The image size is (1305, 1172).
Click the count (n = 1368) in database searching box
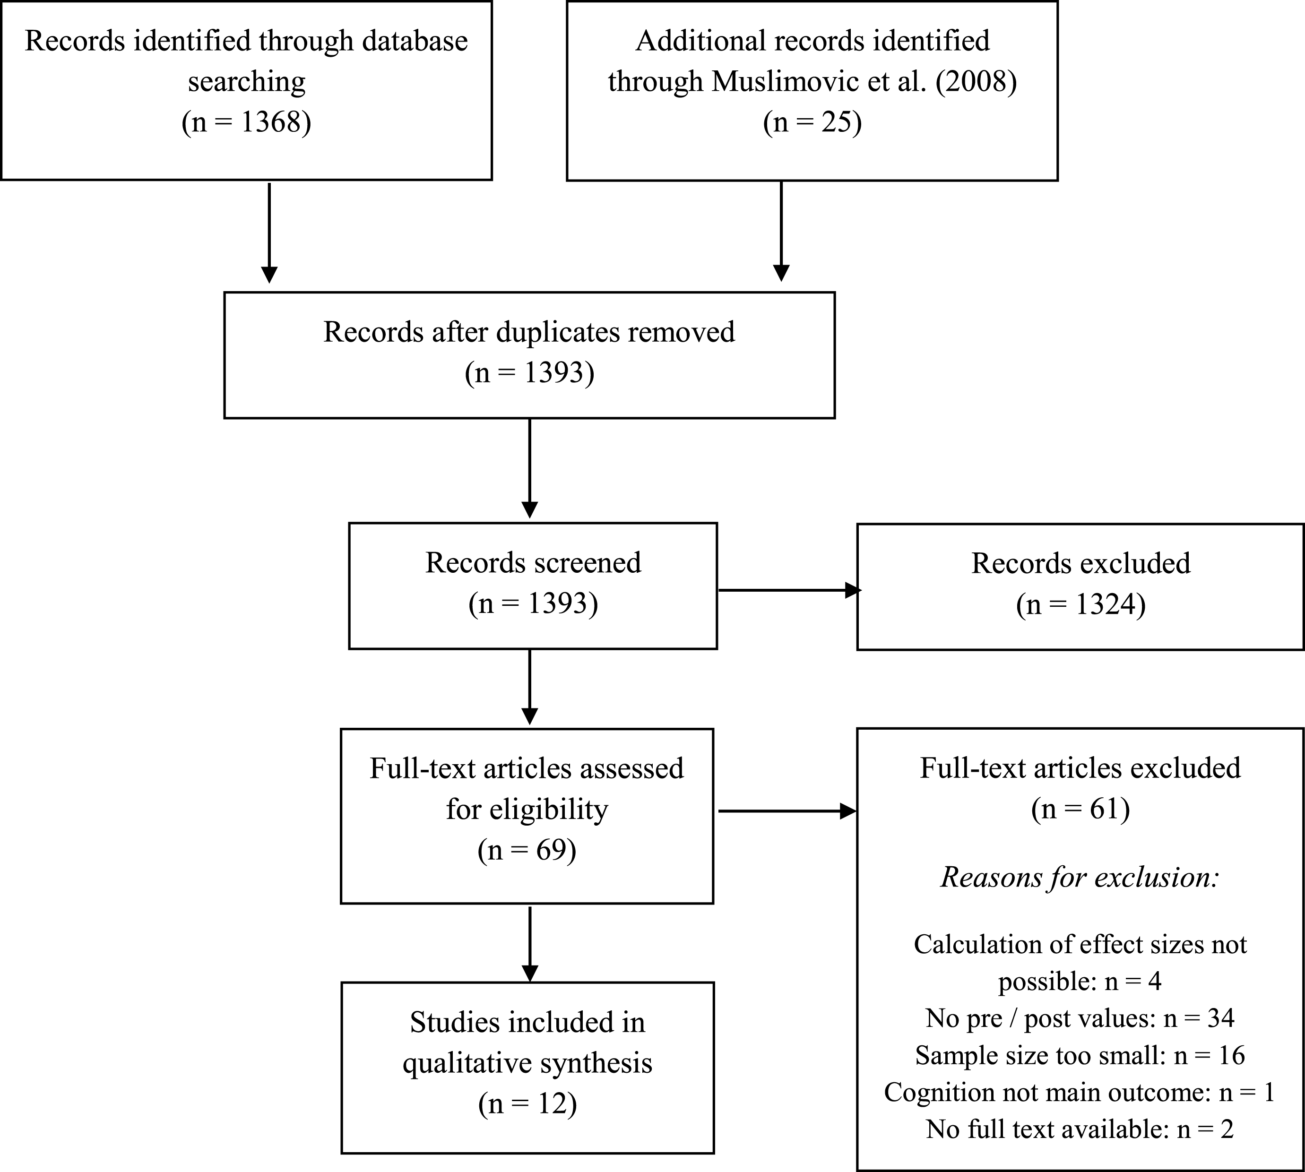tap(247, 122)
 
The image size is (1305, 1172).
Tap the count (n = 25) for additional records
tap(812, 122)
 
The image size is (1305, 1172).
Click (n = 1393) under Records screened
tap(533, 604)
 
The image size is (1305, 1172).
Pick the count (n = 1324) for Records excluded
tap(1081, 605)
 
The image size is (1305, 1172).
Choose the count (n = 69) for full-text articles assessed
tap(527, 850)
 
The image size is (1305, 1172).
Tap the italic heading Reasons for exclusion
tap(1080, 877)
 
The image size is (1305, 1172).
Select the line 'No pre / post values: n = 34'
tap(1080, 1018)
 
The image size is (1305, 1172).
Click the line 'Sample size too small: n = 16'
tap(1080, 1055)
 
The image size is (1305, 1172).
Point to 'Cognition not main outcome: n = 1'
tap(1080, 1092)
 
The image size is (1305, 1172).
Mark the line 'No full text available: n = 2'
tap(1080, 1129)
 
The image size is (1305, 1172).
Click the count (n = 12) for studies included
tap(527, 1104)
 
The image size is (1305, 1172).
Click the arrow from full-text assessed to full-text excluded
tap(787, 811)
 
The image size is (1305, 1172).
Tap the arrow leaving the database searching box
tap(269, 233)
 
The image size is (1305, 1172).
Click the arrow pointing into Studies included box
tap(529, 944)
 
